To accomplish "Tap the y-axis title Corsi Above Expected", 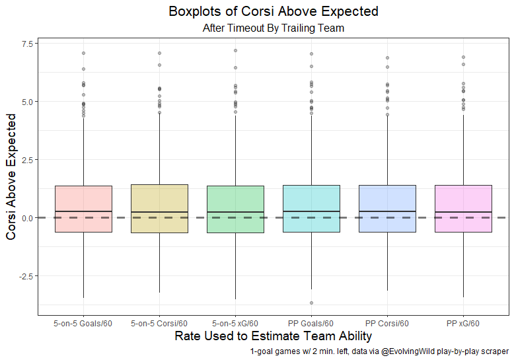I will (11, 176).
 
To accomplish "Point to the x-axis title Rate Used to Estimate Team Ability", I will (274, 336).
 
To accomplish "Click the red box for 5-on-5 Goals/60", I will (83, 209).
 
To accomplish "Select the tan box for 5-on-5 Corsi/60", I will (159, 209).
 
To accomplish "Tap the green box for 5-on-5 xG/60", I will (235, 209).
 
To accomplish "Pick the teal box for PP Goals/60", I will (311, 209).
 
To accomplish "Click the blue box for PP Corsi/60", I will (387, 209).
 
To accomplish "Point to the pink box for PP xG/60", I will (463, 209).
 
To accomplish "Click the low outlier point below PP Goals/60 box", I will (311, 303).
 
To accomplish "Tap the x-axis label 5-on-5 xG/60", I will (235, 324).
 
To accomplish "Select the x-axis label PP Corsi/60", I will (387, 324).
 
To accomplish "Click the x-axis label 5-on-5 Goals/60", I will (83, 324).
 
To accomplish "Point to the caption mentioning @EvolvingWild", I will (379, 352).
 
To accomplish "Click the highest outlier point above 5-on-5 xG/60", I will (235, 50).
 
